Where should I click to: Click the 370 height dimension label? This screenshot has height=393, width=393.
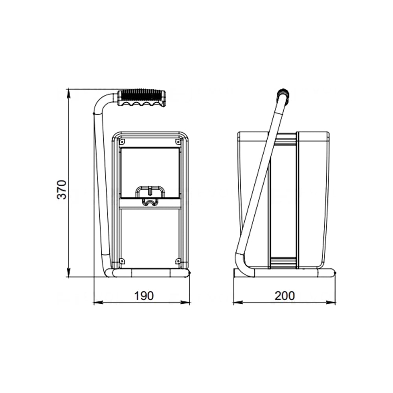click(x=62, y=189)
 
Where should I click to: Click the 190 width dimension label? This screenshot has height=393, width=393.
click(x=144, y=296)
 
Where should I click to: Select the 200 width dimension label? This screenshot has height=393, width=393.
click(x=285, y=296)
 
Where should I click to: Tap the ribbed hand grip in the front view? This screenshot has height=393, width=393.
click(x=142, y=98)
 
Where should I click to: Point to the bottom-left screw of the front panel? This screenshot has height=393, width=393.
click(x=122, y=261)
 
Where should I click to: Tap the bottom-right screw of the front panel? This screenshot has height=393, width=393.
click(x=178, y=261)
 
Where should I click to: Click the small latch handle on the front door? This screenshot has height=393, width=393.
click(x=150, y=192)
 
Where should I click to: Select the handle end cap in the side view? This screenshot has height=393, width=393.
click(x=283, y=94)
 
